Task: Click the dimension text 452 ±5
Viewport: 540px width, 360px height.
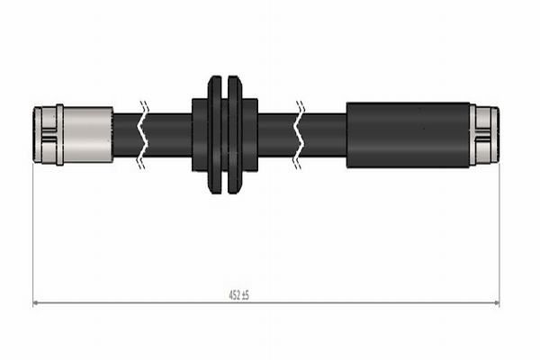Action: pos(238,295)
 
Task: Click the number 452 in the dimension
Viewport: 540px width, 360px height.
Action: pos(232,295)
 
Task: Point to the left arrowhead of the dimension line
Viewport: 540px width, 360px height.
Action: pos(36,303)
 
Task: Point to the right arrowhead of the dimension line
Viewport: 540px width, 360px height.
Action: pos(496,303)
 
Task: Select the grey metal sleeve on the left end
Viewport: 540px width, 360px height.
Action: pos(88,135)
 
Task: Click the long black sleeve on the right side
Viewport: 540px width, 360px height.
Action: pos(409,135)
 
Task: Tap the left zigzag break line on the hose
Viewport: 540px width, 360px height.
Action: pos(142,135)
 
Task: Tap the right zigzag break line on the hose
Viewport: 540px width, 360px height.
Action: pos(300,135)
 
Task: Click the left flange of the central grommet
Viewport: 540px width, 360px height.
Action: pos(214,135)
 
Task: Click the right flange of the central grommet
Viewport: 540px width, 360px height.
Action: pos(236,135)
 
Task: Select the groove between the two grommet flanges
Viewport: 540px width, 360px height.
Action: pos(225,135)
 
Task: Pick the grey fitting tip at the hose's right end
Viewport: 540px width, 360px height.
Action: pos(487,135)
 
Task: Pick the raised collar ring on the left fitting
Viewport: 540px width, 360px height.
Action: pos(59,135)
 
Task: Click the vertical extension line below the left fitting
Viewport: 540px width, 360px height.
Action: pos(33,234)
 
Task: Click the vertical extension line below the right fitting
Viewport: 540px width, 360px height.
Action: pos(499,234)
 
